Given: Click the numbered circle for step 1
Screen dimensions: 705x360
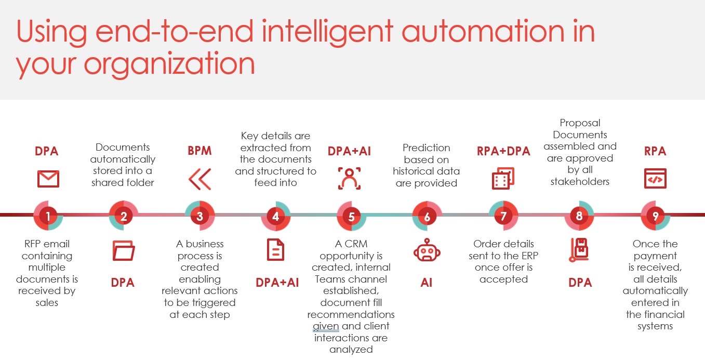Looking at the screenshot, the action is tap(48, 216).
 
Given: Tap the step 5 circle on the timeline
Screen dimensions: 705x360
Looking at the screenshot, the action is tap(352, 216).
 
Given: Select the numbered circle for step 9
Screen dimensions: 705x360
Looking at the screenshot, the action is tap(655, 216).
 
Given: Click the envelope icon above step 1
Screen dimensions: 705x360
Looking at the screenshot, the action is tap(48, 179).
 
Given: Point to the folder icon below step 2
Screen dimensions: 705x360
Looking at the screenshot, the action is tap(124, 250).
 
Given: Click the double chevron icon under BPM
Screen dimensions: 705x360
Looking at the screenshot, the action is tap(200, 179).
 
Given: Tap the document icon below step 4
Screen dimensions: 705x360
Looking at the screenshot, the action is tap(276, 250).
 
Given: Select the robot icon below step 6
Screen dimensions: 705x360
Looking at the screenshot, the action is tap(427, 250).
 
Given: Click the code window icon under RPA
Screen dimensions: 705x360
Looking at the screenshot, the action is tap(655, 178).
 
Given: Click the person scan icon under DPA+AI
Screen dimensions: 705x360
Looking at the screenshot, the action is tap(349, 179).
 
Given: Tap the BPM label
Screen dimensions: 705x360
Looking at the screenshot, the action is tap(199, 151).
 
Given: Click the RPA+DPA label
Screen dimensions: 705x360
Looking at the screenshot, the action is tap(503, 151).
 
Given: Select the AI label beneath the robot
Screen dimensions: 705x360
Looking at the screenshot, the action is tap(427, 283).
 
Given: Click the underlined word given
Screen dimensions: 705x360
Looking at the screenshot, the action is tap(326, 327).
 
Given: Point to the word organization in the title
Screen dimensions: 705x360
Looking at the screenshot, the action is tap(169, 64).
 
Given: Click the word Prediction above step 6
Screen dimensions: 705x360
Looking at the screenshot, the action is tap(427, 148).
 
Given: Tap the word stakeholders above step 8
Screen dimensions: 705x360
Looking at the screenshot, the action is tap(580, 182).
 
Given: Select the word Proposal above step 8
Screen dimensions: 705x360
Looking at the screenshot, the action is tap(580, 123).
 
